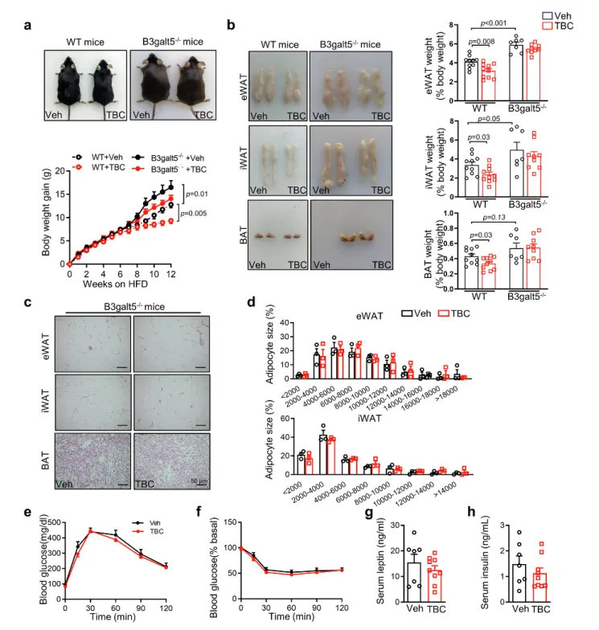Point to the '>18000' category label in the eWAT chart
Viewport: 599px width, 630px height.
[x=458, y=396]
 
